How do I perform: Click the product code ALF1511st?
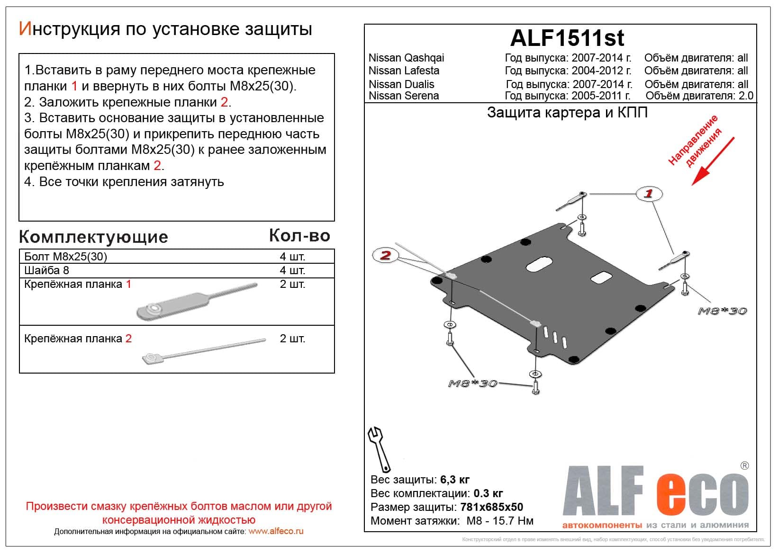567,38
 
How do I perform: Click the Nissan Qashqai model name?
406,58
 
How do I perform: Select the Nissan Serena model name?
404,96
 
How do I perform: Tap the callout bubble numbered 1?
649,193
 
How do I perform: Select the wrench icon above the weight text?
379,448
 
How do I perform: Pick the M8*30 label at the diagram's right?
722,311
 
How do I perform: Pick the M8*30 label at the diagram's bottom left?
472,384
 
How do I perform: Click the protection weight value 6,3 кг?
455,480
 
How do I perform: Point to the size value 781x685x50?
491,507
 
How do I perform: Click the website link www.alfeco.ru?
276,531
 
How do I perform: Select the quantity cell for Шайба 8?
292,270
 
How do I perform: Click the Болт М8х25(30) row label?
65,257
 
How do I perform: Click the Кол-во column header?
299,236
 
